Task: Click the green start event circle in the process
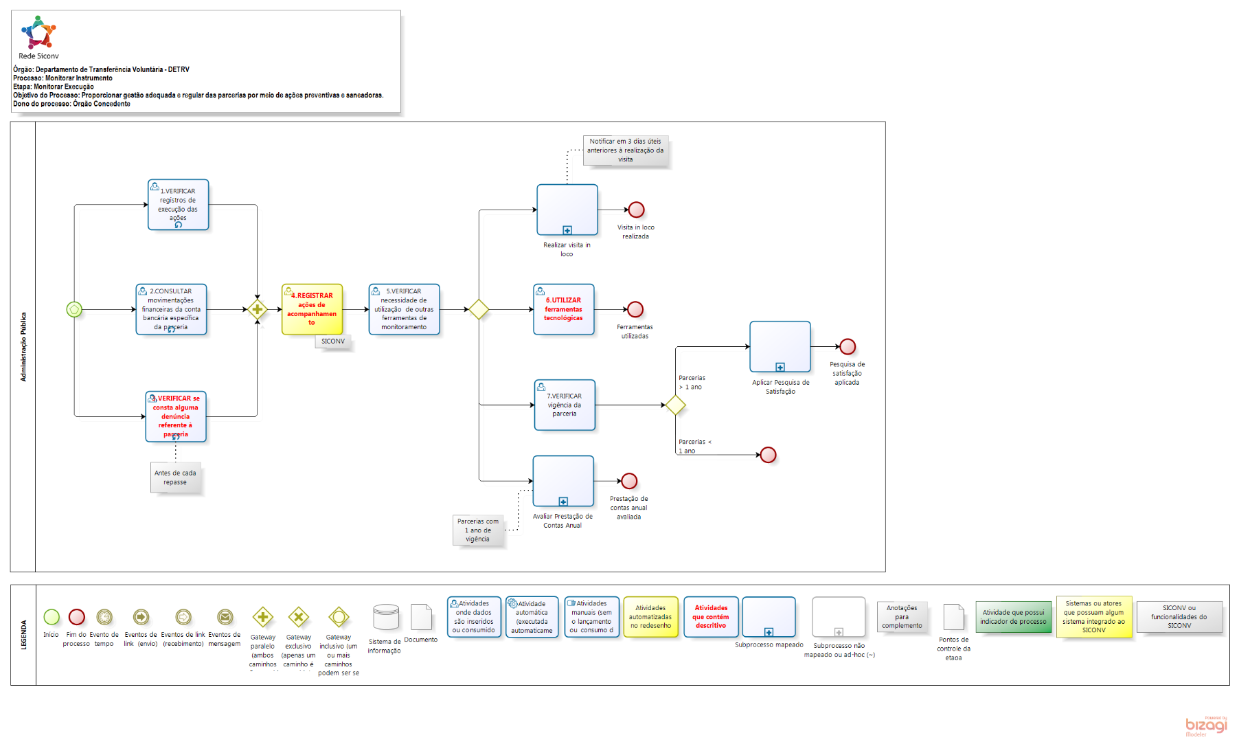pos(74,309)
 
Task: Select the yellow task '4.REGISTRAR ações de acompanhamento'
pos(312,309)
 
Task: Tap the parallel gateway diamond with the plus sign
pos(258,309)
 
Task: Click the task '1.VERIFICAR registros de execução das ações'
pos(178,205)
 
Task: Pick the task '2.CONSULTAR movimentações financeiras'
pos(171,309)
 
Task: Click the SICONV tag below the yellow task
pos(333,341)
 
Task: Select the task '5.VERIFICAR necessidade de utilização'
pos(404,309)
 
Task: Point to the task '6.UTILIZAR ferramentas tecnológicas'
pos(563,309)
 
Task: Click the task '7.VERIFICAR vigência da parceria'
pos(565,405)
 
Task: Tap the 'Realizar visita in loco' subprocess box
pos(567,210)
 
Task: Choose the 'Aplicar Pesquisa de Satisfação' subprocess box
pos(780,346)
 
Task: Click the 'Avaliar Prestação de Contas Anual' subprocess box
pos(562,481)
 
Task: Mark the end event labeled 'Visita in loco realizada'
pos(636,210)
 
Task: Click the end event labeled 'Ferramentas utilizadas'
pos(635,309)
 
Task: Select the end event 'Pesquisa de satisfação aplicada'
pos(848,346)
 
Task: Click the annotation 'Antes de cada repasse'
pos(175,477)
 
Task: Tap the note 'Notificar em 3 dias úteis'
pos(625,150)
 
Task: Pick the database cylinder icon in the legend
pos(385,617)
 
